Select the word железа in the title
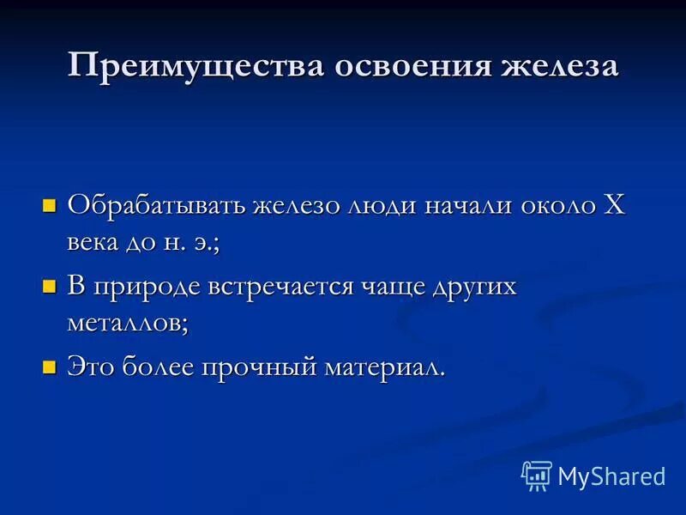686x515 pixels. click(551, 67)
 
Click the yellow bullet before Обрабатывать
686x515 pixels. click(49, 205)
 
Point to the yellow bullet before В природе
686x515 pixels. click(49, 286)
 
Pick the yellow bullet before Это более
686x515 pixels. click(49, 367)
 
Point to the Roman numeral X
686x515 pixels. click(614, 204)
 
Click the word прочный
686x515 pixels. click(259, 367)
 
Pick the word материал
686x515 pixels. click(383, 367)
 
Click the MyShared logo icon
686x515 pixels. click(537, 475)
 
